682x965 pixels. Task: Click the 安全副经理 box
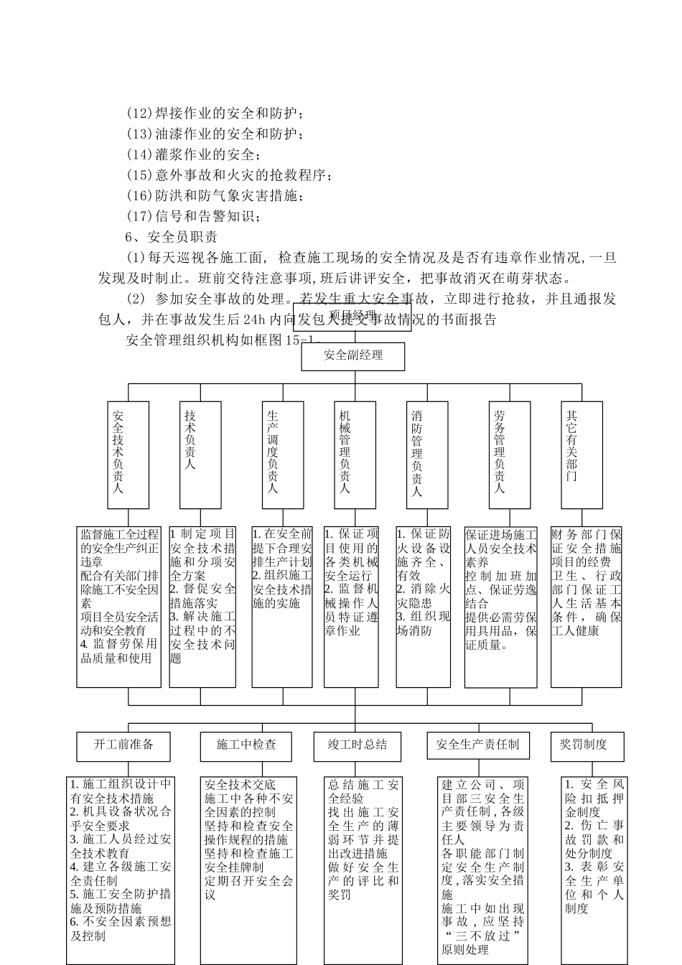tap(352, 356)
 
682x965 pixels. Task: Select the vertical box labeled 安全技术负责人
tap(129, 454)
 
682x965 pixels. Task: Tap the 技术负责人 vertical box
tap(190, 454)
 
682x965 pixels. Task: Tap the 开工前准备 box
tap(123, 745)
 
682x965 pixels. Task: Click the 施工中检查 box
tap(246, 745)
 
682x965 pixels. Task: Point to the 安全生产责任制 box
tap(477, 745)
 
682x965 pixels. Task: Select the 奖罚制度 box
tap(583, 745)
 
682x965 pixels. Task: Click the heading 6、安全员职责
tap(172, 236)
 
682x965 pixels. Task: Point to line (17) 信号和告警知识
tap(194, 216)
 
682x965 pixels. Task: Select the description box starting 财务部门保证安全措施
tap(586, 606)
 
